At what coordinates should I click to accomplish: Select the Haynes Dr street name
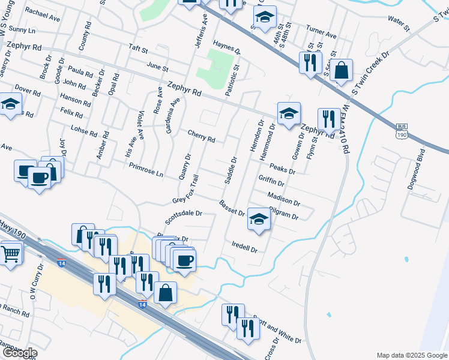(226, 47)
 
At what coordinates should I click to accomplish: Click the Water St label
(399, 23)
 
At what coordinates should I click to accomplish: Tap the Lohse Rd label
(83, 128)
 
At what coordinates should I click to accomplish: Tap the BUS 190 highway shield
(402, 131)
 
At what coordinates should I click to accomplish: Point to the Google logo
(19, 353)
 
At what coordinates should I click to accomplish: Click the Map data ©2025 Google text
(411, 355)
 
